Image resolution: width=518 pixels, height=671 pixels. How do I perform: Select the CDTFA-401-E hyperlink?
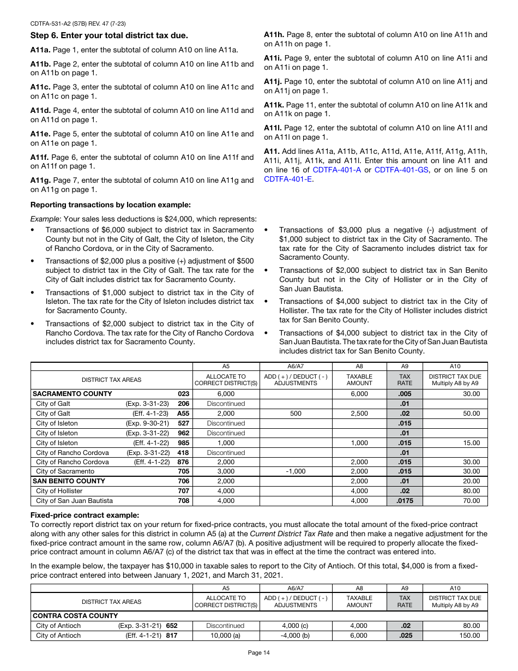(288, 179)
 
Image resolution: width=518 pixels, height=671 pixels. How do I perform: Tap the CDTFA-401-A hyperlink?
(337, 170)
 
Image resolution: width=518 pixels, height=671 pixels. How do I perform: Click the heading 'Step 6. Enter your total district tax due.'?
(109, 35)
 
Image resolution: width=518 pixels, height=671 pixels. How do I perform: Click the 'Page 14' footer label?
(258, 652)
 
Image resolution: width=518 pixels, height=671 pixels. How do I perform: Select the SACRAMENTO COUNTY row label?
(73, 394)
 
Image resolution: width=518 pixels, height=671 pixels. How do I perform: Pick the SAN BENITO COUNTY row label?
(69, 481)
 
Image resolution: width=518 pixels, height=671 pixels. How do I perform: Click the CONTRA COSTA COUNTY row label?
(75, 616)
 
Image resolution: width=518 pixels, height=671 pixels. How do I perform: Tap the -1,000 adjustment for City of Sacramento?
(296, 471)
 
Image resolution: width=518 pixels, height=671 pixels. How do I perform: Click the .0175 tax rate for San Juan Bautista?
(405, 501)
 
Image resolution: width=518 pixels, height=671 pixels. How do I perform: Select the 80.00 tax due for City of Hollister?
(472, 491)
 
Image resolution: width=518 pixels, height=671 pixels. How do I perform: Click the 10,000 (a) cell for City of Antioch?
(226, 636)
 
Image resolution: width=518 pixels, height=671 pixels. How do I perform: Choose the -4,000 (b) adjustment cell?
(296, 636)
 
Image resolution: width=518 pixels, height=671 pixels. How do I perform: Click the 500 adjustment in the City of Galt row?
(296, 414)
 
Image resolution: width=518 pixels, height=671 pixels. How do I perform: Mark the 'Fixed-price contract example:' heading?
(85, 515)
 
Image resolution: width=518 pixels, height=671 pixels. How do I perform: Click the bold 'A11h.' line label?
(274, 35)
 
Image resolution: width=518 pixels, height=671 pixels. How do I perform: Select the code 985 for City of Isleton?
(184, 443)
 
